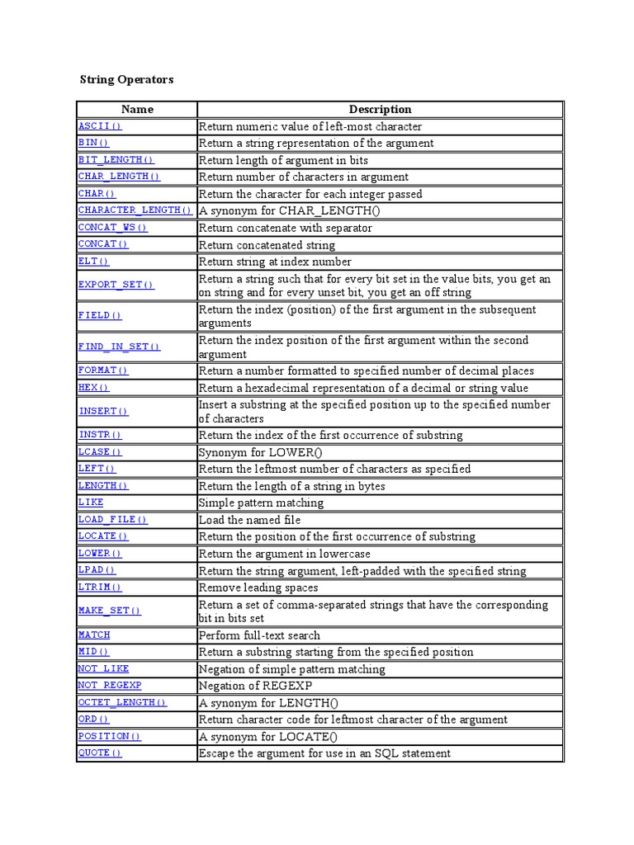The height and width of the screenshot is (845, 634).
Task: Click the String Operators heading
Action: (126, 80)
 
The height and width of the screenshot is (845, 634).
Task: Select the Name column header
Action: (137, 109)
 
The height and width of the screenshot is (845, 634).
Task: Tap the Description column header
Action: (380, 109)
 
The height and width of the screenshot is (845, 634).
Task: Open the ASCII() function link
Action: (100, 126)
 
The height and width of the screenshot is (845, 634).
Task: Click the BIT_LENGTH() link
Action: (116, 160)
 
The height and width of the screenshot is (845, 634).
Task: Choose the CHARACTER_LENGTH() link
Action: (135, 210)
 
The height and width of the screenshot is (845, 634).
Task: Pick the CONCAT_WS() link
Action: (113, 228)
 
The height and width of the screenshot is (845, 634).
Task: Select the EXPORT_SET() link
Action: (116, 285)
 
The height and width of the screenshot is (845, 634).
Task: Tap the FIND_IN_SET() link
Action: (119, 347)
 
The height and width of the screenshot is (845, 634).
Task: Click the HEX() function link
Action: (93, 388)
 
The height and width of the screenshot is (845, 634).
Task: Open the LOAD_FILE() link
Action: (113, 520)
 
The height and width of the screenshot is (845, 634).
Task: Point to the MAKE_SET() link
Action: (109, 611)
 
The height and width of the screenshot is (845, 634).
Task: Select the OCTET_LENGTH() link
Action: (122, 702)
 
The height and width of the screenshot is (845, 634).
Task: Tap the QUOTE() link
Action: (100, 753)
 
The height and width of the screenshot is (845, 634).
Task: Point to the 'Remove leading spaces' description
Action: (258, 588)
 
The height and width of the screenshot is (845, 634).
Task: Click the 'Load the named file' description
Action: (249, 520)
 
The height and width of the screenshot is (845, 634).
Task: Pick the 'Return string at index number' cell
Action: (275, 262)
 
